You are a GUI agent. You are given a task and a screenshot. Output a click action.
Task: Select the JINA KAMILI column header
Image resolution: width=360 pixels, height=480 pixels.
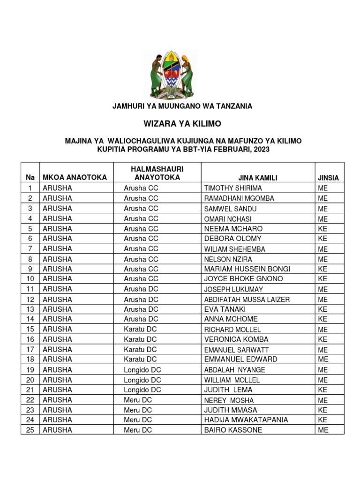257,178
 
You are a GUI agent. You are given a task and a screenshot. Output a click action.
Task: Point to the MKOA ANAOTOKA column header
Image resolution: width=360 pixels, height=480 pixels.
75,177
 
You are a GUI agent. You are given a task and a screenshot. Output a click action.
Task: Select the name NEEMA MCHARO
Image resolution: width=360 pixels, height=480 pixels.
233,229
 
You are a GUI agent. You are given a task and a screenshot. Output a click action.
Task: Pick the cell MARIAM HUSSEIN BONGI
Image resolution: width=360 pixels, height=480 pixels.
247,269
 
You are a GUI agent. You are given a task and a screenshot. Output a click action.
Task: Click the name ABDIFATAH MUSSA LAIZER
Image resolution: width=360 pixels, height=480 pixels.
247,300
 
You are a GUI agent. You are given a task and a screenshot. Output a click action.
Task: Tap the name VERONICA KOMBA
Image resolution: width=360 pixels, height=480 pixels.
236,339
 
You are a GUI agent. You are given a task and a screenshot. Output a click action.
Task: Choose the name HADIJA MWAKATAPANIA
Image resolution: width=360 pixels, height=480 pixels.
246,420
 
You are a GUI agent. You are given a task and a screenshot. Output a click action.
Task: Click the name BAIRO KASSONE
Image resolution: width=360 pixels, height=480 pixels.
233,430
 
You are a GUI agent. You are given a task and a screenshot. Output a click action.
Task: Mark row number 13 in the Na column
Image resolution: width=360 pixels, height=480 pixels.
30,309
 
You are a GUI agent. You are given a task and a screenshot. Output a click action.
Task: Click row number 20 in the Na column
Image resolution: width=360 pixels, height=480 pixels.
30,380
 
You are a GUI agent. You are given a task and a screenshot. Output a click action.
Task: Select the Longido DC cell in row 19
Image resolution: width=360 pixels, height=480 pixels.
142,370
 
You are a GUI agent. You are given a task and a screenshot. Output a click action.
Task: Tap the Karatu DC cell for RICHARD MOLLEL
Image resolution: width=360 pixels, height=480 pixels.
140,330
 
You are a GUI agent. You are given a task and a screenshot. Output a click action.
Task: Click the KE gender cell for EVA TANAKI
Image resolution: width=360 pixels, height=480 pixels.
322,309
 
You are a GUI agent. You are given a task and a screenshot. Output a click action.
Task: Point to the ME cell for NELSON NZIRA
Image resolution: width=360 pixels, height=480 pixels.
322,259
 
